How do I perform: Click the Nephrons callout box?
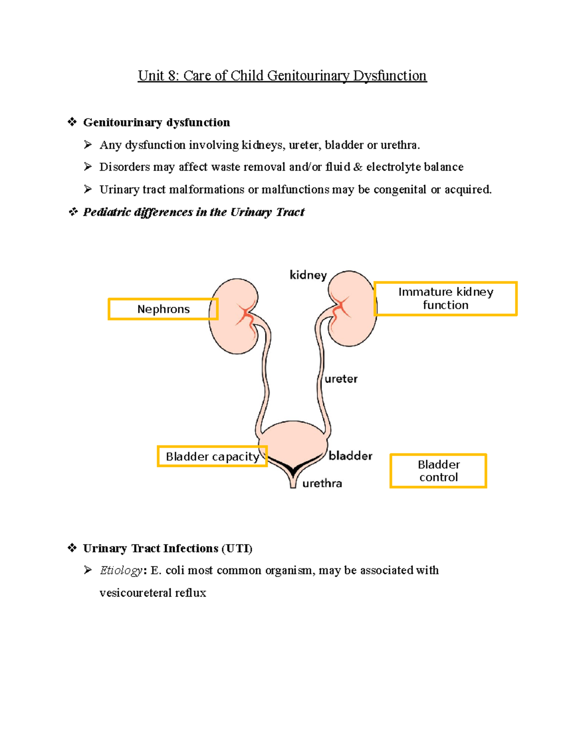tap(163, 309)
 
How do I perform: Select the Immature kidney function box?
tap(445, 298)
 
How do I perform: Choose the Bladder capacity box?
tap(212, 457)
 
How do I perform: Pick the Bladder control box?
tap(438, 471)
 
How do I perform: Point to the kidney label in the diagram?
tap(308, 275)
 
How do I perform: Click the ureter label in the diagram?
tap(341, 379)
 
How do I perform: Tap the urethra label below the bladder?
tap(322, 483)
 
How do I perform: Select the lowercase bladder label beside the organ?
tap(350, 456)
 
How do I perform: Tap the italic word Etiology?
tap(121, 570)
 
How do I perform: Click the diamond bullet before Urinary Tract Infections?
tap(72, 548)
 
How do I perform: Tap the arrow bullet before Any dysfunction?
tap(88, 145)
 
